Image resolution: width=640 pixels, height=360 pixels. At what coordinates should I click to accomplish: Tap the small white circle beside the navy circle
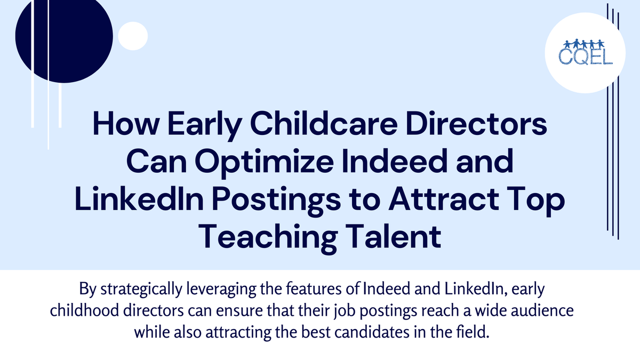(x=132, y=36)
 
